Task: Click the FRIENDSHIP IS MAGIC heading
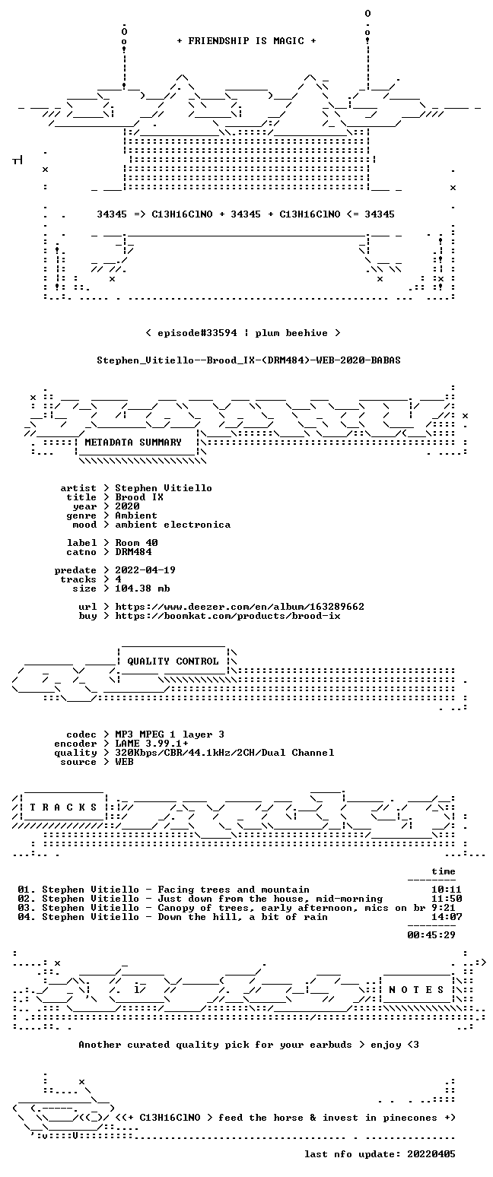coord(247,41)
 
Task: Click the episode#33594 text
coord(197,333)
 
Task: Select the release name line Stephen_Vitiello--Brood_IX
coord(249,360)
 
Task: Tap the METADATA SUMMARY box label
coord(133,443)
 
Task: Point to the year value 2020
coord(127,506)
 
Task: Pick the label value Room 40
coord(136,543)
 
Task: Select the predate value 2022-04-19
coord(145,570)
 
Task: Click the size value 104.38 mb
coord(142,588)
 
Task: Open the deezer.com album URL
coord(240,607)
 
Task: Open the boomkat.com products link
coord(227,616)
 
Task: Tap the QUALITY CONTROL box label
coord(173,661)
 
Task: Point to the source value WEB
coord(124,762)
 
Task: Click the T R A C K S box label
coord(64,807)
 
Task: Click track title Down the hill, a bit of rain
coord(242,917)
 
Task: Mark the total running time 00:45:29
coord(431,934)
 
